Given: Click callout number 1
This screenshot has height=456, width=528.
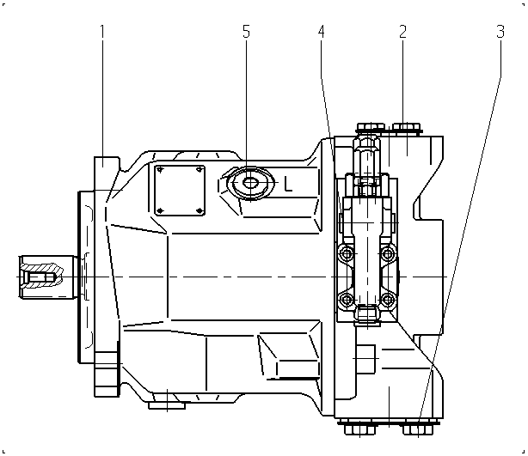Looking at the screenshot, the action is pos(102,31).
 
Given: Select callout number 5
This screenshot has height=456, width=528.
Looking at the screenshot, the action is pos(246,31).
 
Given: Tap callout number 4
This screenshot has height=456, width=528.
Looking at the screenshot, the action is pos(322,31).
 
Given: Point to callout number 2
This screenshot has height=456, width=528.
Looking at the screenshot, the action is pos(402,31).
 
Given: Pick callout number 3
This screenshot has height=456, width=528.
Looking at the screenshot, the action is pos(500,31).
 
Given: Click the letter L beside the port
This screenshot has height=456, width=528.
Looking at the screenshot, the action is pos(288,184).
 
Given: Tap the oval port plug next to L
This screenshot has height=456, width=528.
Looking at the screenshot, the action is pos(249,183).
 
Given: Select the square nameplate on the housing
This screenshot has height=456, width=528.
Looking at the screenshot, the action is pos(180,191).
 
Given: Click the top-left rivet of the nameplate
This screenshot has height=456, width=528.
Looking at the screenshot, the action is pos(160,170).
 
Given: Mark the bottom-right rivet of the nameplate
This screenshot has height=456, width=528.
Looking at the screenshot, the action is pos(200,211).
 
